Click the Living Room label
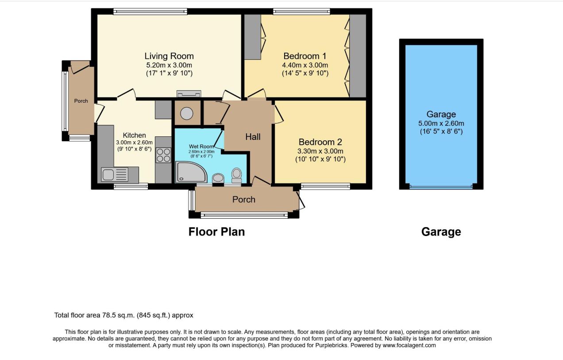tap(169, 56)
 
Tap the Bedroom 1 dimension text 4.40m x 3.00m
tap(305, 65)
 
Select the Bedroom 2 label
tap(320, 142)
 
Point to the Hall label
tap(253, 137)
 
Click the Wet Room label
tap(201, 146)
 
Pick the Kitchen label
tap(134, 135)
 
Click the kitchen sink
tap(115, 175)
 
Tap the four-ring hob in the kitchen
tap(163, 155)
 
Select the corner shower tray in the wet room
tap(191, 172)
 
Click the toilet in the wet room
tap(236, 175)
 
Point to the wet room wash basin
tap(218, 178)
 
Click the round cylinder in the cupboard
tap(186, 113)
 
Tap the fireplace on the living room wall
tap(189, 94)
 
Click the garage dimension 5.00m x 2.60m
tap(441, 124)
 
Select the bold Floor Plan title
tap(216, 232)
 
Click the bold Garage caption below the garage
tap(441, 232)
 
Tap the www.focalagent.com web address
tap(409, 345)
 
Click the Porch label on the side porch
tap(81, 101)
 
